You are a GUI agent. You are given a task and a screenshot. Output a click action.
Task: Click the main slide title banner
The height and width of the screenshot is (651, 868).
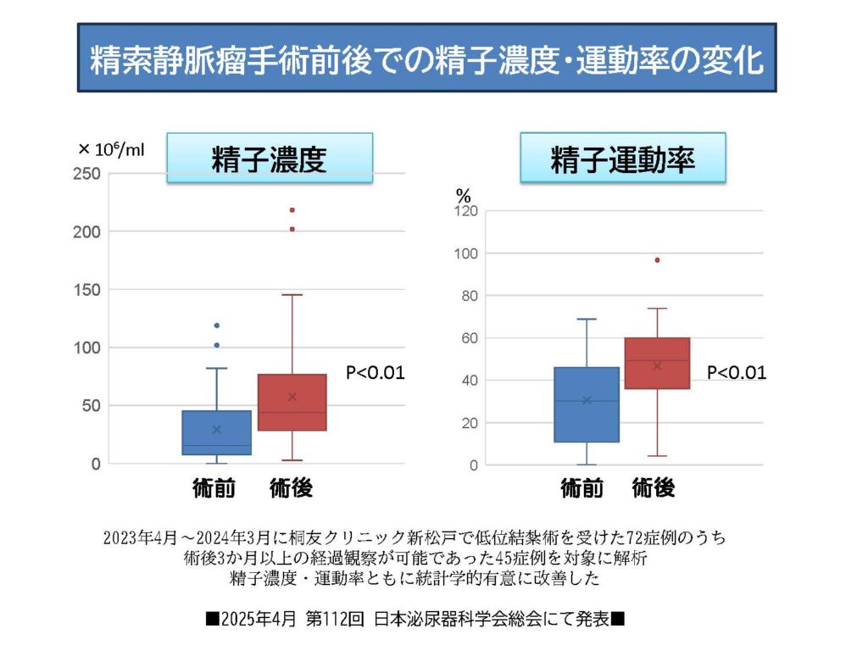(427, 58)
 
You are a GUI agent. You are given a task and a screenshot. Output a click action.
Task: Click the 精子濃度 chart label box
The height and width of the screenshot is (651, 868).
(269, 158)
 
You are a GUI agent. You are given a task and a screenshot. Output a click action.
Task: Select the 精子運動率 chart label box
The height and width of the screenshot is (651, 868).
(622, 158)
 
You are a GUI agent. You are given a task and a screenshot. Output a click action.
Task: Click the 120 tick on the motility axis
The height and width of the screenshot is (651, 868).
(467, 211)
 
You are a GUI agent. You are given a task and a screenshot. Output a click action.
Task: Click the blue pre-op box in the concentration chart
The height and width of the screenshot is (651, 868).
(217, 432)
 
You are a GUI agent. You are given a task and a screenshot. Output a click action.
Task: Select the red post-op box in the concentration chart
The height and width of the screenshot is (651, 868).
(292, 402)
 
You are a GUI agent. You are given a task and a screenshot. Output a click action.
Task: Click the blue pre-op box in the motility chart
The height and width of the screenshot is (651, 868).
(586, 404)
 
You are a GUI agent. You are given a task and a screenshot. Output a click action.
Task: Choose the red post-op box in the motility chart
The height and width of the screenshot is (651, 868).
(657, 363)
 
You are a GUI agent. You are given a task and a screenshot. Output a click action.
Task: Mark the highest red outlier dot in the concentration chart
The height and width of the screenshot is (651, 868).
(292, 209)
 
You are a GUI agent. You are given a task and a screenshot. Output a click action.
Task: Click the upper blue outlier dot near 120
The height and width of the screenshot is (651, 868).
(217, 325)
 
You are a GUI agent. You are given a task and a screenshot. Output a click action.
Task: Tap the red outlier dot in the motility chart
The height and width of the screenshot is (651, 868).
(657, 260)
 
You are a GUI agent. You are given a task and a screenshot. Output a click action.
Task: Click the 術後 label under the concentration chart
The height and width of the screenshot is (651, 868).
(291, 488)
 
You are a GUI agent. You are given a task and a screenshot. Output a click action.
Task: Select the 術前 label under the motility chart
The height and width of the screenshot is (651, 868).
(582, 488)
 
